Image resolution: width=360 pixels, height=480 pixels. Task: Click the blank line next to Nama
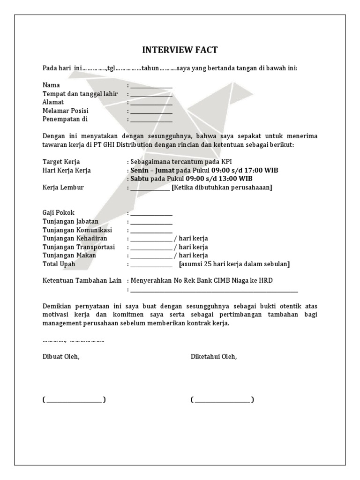point(151,86)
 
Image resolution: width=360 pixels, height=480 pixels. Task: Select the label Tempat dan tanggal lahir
point(80,94)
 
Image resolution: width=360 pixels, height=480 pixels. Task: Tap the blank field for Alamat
point(151,103)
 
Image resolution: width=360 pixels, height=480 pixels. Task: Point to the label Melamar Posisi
point(66,111)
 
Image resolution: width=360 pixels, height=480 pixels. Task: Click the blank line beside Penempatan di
point(151,120)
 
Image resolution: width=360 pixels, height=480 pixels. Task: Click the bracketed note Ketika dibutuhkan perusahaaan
point(222,187)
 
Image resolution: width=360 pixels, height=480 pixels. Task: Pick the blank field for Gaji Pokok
point(151,214)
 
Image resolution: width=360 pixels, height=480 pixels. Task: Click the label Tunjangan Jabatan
point(70,221)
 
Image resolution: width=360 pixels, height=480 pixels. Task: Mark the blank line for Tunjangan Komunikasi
point(151,231)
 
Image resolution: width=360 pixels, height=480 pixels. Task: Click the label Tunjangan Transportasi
point(78,247)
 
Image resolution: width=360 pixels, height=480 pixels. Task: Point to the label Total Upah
point(59,264)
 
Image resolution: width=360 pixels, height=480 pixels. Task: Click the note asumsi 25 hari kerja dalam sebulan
point(234,264)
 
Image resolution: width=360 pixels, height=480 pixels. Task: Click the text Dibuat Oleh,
point(61,357)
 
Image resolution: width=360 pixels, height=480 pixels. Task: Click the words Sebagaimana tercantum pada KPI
point(179,162)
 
